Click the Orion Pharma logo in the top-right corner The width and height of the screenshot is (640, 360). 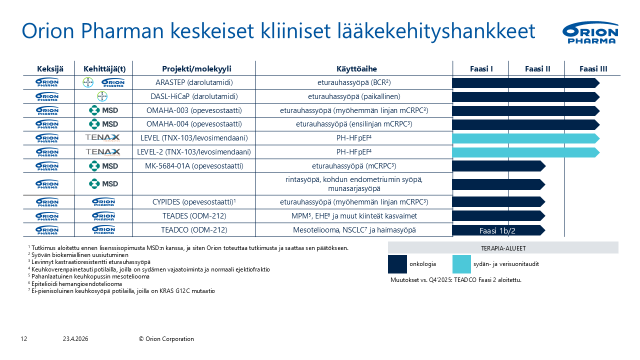590,32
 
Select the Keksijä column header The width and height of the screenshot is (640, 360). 50,69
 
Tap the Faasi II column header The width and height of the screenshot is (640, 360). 537,69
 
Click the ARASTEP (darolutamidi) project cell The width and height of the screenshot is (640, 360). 194,82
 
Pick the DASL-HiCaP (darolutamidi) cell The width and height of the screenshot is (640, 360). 194,96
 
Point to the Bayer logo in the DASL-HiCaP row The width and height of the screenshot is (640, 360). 102,96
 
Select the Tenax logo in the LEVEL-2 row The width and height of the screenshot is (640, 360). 103,152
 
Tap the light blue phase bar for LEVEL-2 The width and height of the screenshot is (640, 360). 525,152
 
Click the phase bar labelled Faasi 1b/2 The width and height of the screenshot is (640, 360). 498,230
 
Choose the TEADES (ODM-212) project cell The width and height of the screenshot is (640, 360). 194,216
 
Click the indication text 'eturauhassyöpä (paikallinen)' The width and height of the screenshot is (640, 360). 354,96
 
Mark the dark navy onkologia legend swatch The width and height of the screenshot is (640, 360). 397,264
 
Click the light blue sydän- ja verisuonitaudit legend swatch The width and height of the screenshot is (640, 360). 461,264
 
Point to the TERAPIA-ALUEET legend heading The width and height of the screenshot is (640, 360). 503,248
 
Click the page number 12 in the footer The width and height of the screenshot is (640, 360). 23,339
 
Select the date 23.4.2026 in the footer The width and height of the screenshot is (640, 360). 75,339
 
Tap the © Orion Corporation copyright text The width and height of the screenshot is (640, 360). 166,339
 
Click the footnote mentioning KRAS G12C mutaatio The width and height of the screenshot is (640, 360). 121,291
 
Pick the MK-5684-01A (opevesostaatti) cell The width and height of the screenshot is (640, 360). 194,166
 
